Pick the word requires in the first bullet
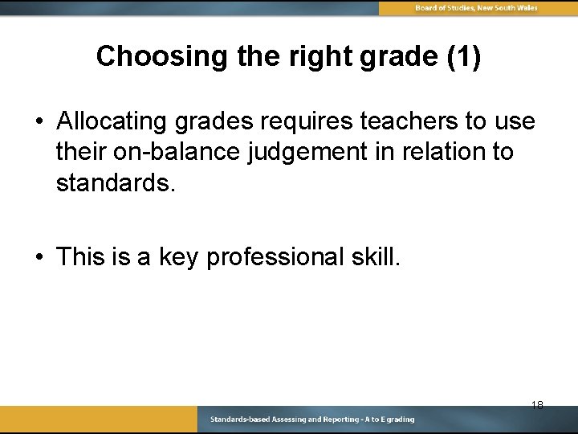click(x=307, y=121)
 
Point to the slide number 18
click(x=537, y=405)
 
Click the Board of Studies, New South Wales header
click(x=476, y=8)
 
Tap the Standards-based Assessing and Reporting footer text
click(x=312, y=420)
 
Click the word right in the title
click(x=307, y=56)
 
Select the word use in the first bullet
click(x=515, y=121)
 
